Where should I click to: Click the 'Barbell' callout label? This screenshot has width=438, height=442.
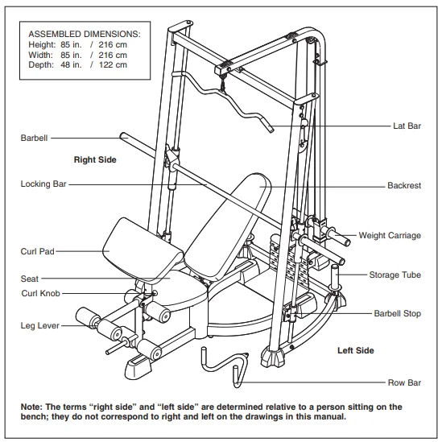click(x=34, y=138)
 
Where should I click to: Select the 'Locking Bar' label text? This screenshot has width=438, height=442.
click(x=43, y=184)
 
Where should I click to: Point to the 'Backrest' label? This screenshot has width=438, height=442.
click(x=403, y=185)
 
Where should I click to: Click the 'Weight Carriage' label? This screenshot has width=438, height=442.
click(x=389, y=236)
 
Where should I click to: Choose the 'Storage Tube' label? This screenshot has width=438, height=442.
click(x=395, y=275)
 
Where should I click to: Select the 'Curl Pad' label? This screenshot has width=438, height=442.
click(x=36, y=252)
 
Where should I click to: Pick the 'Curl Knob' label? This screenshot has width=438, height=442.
click(x=39, y=294)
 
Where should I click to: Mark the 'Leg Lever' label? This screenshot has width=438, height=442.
click(x=37, y=326)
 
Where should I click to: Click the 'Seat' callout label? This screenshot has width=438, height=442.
click(x=30, y=279)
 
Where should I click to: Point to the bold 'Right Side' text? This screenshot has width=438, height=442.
click(x=95, y=160)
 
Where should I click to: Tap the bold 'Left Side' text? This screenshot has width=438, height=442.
click(x=355, y=351)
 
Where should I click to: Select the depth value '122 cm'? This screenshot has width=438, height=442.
click(x=113, y=65)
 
